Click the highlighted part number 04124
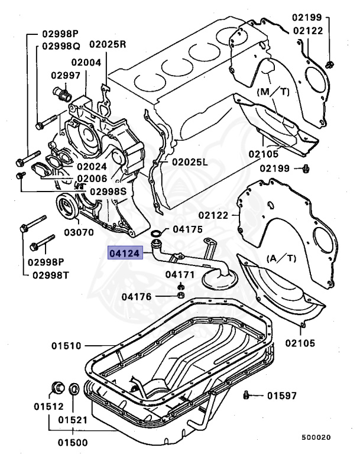coord(124,254)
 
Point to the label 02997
coord(65,75)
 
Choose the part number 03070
coord(74,232)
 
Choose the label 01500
coord(73,442)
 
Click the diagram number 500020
coord(316,438)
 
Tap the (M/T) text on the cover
coord(273,92)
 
